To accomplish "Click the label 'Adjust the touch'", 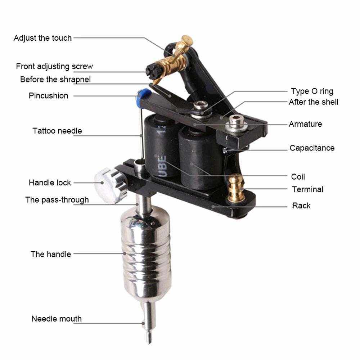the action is (43, 38).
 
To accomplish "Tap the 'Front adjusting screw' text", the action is (54, 66).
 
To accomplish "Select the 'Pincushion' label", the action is (49, 95).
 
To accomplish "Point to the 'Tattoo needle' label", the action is (57, 131).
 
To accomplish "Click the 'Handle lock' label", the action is (50, 183).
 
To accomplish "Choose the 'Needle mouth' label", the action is (57, 319).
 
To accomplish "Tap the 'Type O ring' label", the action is (312, 91).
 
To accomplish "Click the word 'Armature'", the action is (305, 124).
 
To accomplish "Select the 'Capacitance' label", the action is (312, 148).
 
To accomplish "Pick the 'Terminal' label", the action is (308, 189).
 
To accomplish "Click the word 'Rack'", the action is (301, 206).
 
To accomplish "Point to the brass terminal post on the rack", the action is (235, 188).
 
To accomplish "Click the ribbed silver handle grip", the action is (146, 253).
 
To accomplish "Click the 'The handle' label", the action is (51, 254).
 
